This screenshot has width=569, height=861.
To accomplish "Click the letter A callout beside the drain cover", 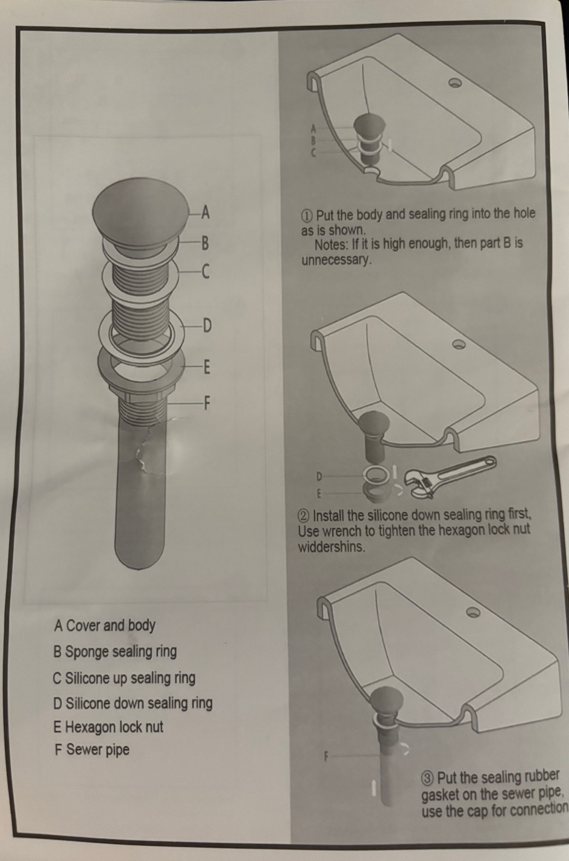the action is (206, 212).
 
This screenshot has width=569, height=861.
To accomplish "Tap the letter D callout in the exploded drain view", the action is (207, 326).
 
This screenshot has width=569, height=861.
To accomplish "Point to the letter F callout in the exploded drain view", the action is (207, 403).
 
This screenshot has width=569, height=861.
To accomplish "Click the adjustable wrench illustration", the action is (450, 477).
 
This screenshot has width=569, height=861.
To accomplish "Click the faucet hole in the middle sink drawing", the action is (459, 344).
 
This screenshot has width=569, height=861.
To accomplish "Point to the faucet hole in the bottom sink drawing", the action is (473, 612).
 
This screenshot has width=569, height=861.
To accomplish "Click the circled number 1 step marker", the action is (307, 215).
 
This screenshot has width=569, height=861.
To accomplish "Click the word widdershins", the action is (332, 547).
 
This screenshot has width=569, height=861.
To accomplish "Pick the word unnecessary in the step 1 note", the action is (337, 261).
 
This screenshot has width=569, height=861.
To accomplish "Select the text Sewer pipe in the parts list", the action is (98, 750).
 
